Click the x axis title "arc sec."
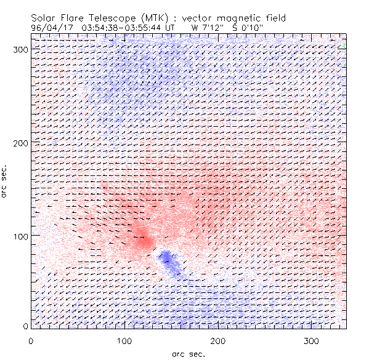(188, 353)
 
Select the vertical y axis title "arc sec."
(5, 182)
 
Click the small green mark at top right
(344, 46)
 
